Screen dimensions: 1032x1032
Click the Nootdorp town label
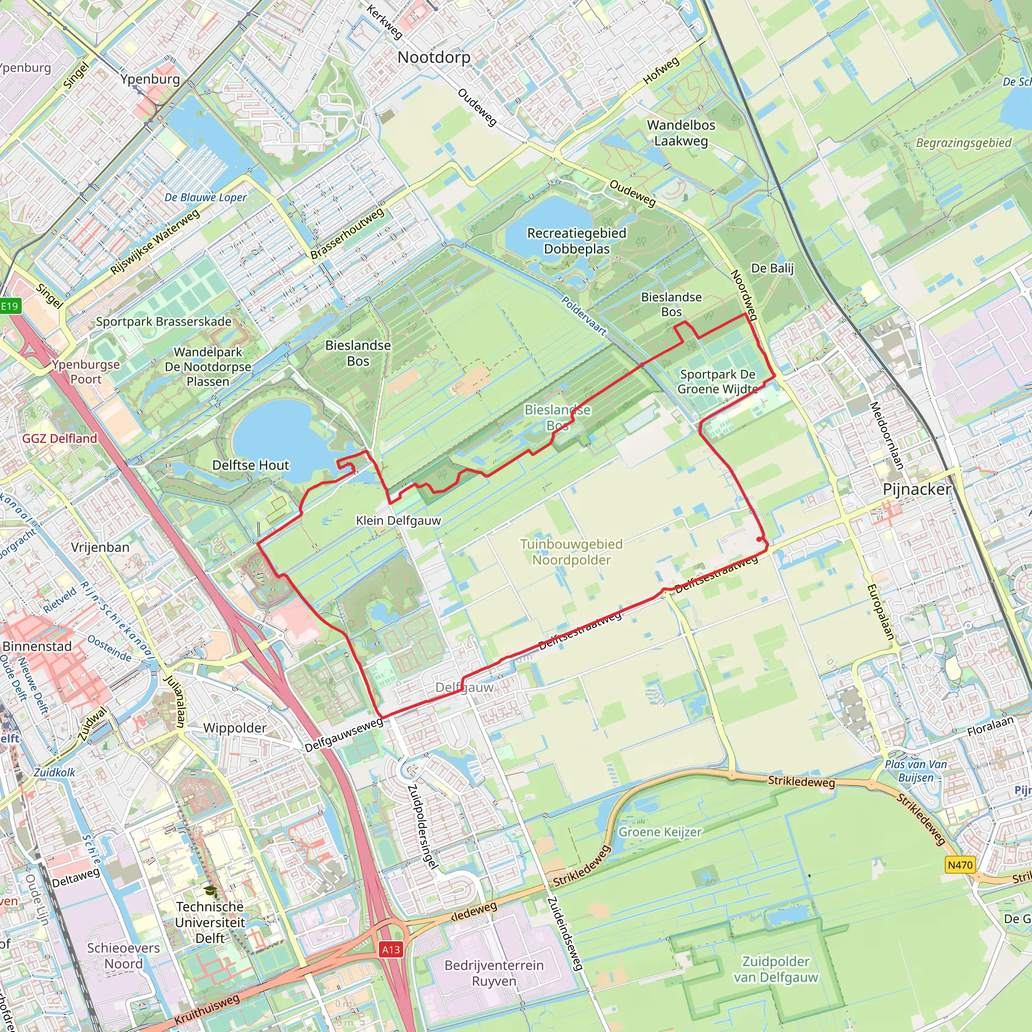point(434,57)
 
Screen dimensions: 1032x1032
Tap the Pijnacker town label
point(917,489)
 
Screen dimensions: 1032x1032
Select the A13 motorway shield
point(391,949)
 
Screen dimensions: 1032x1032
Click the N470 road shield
point(959,864)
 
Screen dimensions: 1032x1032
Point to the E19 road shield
point(10,306)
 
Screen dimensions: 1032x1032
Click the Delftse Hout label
point(250,465)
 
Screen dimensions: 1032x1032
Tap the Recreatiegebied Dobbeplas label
point(576,241)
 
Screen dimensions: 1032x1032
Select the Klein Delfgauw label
point(399,520)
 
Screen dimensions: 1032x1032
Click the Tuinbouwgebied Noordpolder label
point(571,552)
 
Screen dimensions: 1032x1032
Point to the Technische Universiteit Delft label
point(210,922)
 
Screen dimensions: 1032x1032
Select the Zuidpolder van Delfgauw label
point(775,969)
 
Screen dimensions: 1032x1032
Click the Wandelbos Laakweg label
point(681,133)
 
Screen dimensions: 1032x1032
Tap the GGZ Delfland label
point(60,438)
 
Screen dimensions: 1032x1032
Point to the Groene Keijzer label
point(660,831)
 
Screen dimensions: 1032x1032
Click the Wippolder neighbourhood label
point(234,728)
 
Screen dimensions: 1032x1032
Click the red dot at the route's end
point(759,540)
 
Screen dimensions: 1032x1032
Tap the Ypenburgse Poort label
point(86,372)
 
